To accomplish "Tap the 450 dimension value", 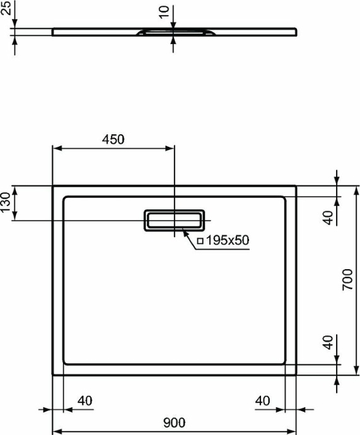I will tap(113, 139).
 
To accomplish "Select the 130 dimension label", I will tap(6, 204).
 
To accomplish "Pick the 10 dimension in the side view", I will tap(165, 11).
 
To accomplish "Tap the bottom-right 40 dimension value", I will tap(264, 400).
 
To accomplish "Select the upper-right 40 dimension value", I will tap(328, 217).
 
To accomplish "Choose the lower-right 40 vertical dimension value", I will tap(328, 344).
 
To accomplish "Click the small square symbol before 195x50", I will tap(200, 241).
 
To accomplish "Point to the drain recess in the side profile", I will tap(173, 31).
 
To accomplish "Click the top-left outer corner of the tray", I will tap(52, 186).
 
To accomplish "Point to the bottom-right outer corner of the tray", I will tap(296, 374).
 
